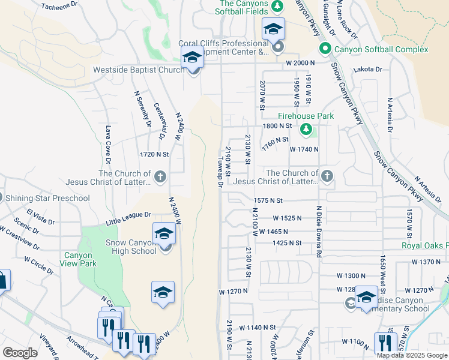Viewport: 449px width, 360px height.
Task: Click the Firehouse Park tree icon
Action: [306, 129]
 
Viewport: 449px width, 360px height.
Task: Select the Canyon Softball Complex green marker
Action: [325, 49]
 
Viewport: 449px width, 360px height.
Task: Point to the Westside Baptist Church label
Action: [139, 70]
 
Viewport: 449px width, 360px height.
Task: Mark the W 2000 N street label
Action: [301, 63]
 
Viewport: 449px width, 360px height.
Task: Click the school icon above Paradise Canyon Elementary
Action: [366, 298]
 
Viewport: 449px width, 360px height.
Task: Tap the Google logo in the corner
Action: [20, 353]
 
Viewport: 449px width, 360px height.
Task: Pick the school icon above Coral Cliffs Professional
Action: [273, 29]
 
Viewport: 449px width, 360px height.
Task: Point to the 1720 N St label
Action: [154, 154]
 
